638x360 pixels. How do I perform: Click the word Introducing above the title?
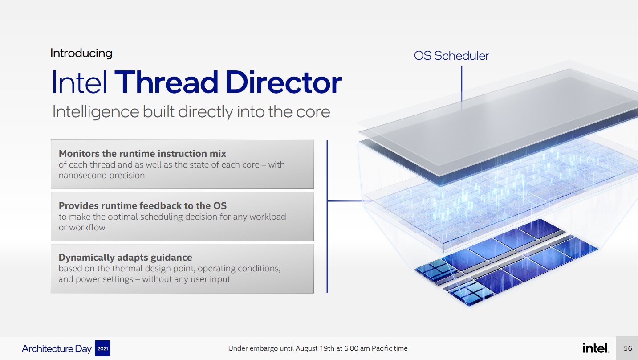tap(81, 53)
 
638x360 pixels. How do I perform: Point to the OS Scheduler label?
tap(451, 56)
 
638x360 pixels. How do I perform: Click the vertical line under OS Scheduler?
tap(461, 88)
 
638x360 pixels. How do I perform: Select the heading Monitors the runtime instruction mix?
tap(142, 154)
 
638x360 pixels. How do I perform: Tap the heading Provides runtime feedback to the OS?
tap(142, 205)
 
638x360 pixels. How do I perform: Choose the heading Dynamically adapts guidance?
tap(125, 258)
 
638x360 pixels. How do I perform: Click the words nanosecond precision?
tap(102, 175)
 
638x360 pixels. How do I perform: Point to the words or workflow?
tap(82, 228)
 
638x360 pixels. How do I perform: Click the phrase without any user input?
tap(186, 279)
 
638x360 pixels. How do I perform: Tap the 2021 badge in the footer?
tap(102, 348)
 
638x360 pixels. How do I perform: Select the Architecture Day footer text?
tap(57, 348)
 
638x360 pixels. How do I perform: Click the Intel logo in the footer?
tap(596, 348)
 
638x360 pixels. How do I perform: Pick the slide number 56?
tap(628, 348)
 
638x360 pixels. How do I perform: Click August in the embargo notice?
tap(306, 348)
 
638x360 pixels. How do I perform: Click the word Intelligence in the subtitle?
tap(96, 112)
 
